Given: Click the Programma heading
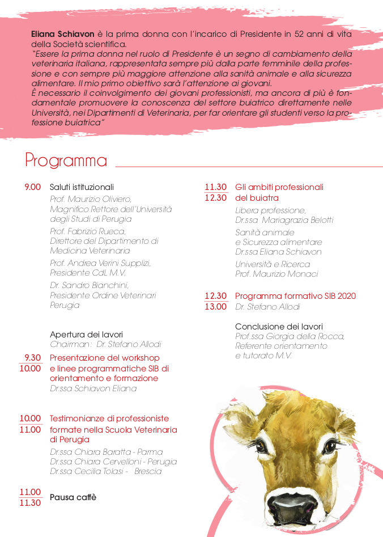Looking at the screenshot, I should coord(66,160).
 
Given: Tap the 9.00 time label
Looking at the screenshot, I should coord(32,187).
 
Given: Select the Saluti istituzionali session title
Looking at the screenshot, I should coord(82,187).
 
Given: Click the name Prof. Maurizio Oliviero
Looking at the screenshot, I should coord(91,199).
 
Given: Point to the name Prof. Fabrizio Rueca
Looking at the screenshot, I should coord(88,231).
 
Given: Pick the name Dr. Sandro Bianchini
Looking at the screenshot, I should coord(89,285).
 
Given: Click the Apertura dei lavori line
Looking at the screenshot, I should coord(86,335).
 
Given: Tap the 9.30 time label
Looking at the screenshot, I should coord(32,358).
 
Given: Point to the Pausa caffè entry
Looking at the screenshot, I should coord(73,497).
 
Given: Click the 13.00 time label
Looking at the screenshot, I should coord(215,307).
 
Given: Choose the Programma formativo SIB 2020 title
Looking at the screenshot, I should coord(295,296).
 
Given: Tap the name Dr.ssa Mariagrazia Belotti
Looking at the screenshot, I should coord(284,220).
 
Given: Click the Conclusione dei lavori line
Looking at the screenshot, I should coord(279,327).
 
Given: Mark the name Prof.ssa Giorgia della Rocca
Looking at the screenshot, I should coord(290,336).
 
